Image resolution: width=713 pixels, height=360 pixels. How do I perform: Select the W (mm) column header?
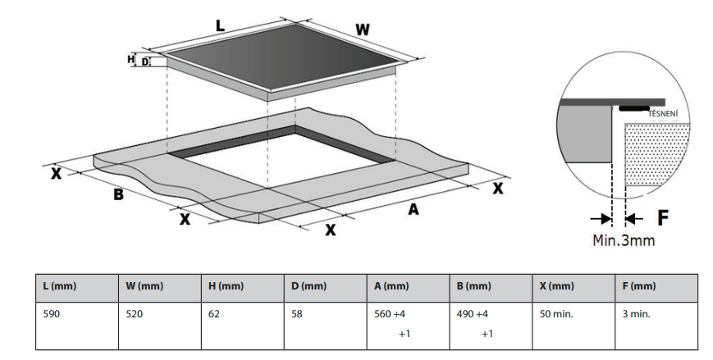click(x=144, y=286)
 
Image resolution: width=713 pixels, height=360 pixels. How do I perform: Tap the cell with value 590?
click(x=52, y=313)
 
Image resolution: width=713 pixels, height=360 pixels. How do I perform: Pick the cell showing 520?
click(x=135, y=313)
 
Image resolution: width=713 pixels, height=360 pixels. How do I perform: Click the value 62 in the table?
click(x=215, y=313)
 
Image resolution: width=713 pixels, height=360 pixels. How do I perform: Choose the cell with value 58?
click(x=297, y=313)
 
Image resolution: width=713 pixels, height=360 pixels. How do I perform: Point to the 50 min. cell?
click(x=556, y=313)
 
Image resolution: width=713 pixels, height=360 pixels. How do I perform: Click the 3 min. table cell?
click(x=636, y=313)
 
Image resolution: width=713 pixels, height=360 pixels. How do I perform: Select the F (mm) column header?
click(x=639, y=286)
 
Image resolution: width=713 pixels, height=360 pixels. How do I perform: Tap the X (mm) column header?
click(x=556, y=286)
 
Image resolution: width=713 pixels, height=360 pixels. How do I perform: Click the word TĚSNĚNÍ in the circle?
click(x=663, y=113)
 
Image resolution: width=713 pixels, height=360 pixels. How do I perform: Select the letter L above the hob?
click(x=220, y=26)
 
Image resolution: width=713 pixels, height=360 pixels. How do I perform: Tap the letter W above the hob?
click(x=362, y=30)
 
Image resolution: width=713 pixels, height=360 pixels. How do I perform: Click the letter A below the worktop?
click(x=414, y=210)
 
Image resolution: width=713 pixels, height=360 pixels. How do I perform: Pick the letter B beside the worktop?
click(x=118, y=194)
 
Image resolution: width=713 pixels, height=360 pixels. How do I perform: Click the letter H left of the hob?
click(x=130, y=59)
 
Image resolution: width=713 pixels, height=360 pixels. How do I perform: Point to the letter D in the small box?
click(x=145, y=62)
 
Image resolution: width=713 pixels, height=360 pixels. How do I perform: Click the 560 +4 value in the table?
click(x=390, y=313)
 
